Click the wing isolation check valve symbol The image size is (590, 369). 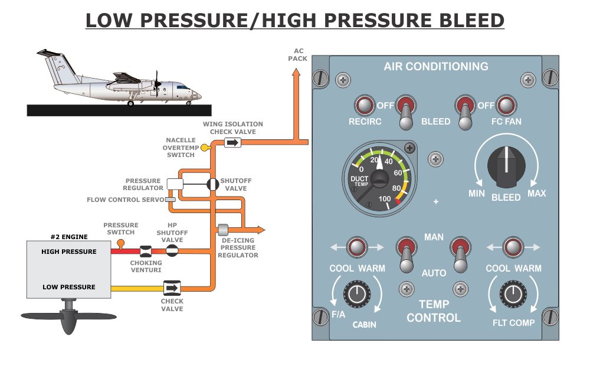(x=233, y=143)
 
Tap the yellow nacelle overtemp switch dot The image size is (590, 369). (x=204, y=147)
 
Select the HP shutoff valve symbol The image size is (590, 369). (x=172, y=251)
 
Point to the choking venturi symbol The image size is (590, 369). (x=145, y=251)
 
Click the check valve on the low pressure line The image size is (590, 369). (x=172, y=288)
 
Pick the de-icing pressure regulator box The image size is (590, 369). (x=223, y=230)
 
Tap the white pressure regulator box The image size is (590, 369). (x=175, y=184)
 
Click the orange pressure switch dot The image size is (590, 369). (x=121, y=243)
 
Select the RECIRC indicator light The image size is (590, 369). (x=365, y=106)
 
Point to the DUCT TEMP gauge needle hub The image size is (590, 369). (x=378, y=178)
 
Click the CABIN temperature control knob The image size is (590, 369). (x=356, y=293)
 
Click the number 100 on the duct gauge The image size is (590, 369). (x=385, y=199)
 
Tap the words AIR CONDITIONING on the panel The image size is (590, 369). (x=435, y=67)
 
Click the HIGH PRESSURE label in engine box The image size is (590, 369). (x=68, y=252)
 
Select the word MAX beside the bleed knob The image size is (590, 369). (x=536, y=193)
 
